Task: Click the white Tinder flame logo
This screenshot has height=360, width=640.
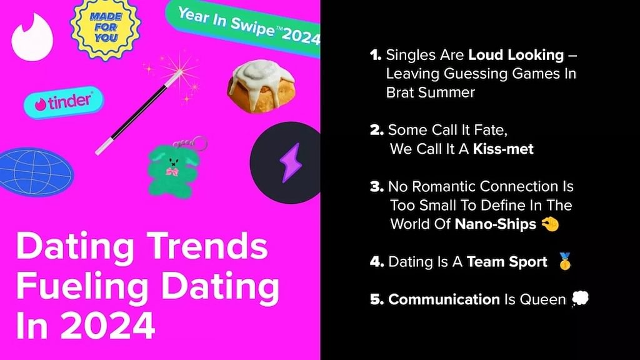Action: (x=32, y=37)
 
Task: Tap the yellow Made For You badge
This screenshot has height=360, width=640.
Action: (x=106, y=27)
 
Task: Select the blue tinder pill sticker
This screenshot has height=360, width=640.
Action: (x=64, y=102)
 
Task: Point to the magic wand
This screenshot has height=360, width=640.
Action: (x=139, y=112)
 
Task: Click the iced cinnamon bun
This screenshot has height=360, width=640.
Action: (x=261, y=86)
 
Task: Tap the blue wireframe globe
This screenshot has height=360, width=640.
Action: (x=36, y=172)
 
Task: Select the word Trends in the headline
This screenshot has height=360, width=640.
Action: (x=207, y=246)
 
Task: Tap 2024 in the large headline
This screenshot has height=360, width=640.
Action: (x=107, y=325)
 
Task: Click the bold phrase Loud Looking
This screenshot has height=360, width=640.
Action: (x=516, y=55)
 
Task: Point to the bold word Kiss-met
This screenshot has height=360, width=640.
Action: (x=503, y=149)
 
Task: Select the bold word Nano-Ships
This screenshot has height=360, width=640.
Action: (x=496, y=224)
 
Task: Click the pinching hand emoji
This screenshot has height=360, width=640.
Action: (x=550, y=224)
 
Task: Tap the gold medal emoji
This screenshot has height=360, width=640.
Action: (x=565, y=261)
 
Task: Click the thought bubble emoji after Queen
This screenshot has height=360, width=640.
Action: (x=580, y=299)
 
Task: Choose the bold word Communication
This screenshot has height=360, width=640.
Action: (x=444, y=299)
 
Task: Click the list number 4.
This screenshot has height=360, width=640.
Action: (x=377, y=262)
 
